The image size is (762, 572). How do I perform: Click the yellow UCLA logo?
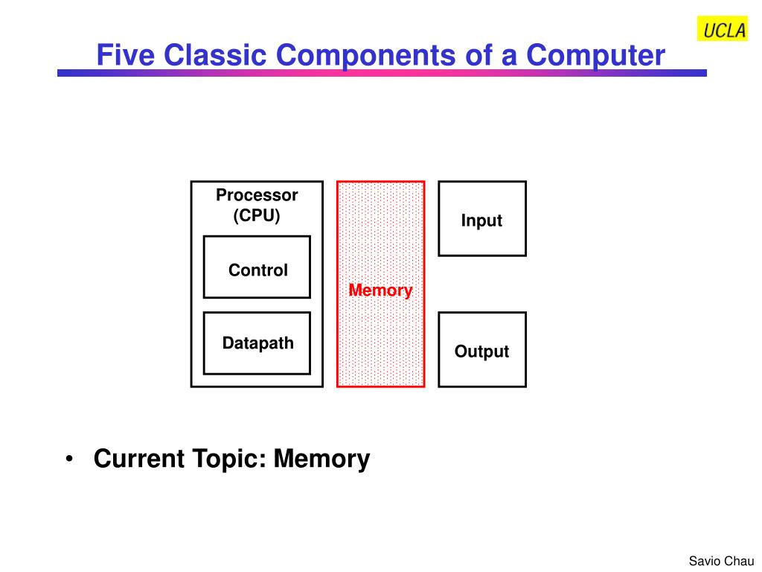(x=722, y=29)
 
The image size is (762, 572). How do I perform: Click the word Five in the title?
(x=125, y=55)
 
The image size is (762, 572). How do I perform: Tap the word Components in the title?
(x=366, y=56)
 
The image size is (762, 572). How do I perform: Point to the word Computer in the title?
(x=595, y=56)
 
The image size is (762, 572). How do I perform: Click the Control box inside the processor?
(x=257, y=267)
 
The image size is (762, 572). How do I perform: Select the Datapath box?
(x=257, y=343)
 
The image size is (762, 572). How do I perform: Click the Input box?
(x=482, y=219)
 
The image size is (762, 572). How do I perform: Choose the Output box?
(x=482, y=350)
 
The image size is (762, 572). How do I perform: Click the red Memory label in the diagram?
(x=380, y=290)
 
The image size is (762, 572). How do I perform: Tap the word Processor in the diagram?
(x=257, y=195)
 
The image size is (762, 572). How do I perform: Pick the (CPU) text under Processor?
(x=257, y=215)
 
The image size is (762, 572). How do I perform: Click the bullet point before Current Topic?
(x=69, y=459)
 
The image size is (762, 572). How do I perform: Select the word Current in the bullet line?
(x=139, y=459)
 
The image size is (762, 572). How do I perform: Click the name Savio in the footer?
(x=704, y=562)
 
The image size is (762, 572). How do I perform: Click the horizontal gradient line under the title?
(x=382, y=73)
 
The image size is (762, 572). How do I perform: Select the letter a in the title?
(x=509, y=58)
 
